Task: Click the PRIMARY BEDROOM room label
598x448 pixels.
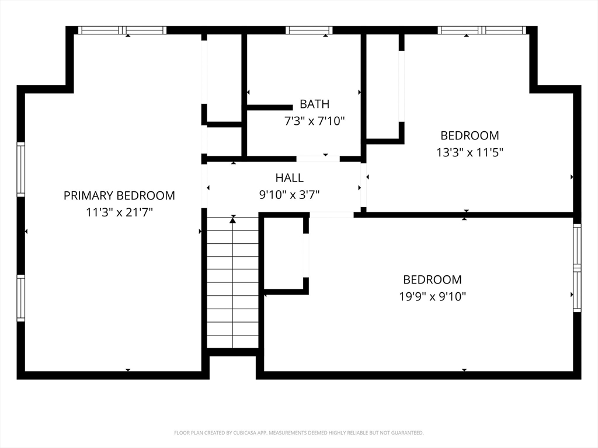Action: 119,195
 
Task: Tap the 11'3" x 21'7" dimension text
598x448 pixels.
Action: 119,212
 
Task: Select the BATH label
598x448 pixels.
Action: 314,104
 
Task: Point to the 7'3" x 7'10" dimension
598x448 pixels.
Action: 315,121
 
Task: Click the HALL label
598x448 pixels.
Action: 290,177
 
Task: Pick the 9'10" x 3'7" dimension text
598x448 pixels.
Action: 290,195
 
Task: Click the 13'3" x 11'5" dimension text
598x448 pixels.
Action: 470,152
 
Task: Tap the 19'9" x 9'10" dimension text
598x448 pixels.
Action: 433,296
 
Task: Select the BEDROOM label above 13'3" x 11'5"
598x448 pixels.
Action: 470,135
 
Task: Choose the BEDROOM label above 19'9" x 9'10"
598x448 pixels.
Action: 433,279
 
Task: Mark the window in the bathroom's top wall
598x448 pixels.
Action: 309,30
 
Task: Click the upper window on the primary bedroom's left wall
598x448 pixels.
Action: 20,170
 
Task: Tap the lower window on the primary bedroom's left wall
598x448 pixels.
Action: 20,298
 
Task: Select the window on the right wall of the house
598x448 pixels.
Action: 578,268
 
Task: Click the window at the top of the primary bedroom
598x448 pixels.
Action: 123,30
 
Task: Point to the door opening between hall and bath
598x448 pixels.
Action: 318,159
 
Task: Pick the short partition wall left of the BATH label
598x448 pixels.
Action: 270,108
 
